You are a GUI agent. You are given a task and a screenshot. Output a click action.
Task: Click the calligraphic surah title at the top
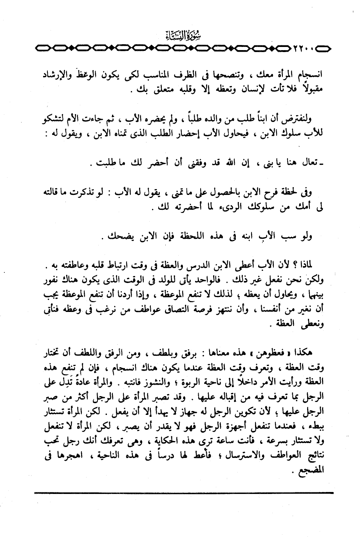(x=180, y=38)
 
